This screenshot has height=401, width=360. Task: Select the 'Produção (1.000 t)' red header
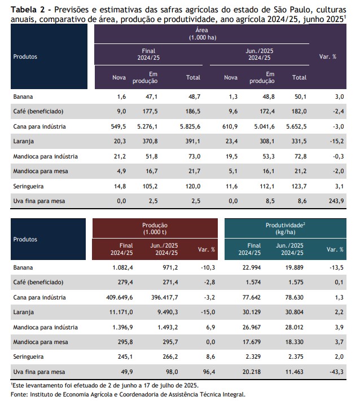point(155,228)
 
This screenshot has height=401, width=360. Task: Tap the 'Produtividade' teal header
point(286,228)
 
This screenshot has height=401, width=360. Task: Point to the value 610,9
point(230,126)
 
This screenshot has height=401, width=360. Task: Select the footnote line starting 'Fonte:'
point(128,395)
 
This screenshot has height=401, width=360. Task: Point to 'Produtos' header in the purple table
point(25,57)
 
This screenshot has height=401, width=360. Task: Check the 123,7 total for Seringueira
point(299,186)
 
